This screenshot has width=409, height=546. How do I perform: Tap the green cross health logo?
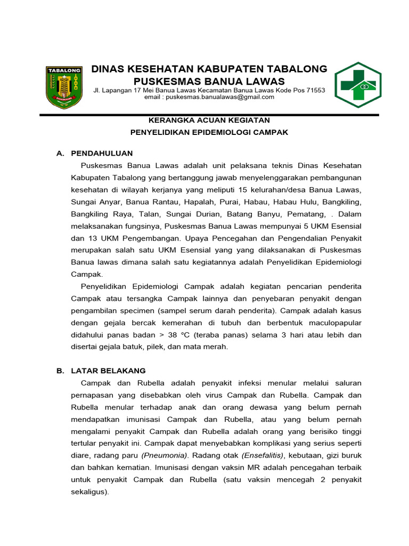pos(358,85)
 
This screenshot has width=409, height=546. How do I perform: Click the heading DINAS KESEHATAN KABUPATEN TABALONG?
pos(209,69)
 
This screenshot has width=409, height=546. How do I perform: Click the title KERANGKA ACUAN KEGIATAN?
pos(209,120)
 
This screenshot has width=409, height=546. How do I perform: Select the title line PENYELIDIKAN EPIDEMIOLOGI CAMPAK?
pos(209,132)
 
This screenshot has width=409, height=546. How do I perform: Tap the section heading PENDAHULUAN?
pos(101,154)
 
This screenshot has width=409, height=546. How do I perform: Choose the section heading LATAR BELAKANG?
pos(108,371)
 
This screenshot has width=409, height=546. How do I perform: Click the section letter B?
pos(60,371)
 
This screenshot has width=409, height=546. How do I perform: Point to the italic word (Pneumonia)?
pos(165,455)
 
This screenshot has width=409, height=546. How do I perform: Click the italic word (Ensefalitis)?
pos(263,455)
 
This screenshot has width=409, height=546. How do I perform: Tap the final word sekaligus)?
pos(89,492)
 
